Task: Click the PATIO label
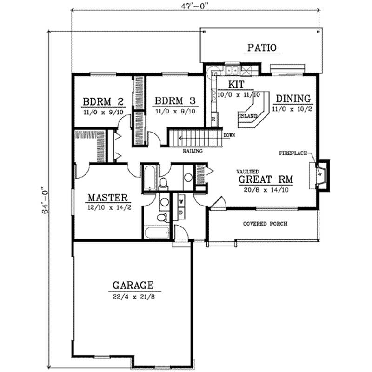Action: (x=262, y=47)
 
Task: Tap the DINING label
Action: (x=293, y=98)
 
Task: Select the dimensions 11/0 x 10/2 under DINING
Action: (x=293, y=107)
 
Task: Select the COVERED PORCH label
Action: (x=265, y=224)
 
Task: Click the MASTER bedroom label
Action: (x=108, y=198)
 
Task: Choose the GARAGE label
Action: (x=133, y=285)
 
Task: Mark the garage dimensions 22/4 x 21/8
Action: (x=133, y=294)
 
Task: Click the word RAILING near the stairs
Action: (x=191, y=151)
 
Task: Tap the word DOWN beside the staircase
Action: (x=229, y=135)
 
